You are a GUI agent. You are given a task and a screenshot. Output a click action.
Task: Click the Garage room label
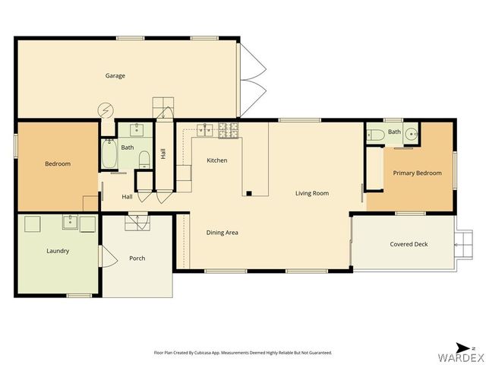115,75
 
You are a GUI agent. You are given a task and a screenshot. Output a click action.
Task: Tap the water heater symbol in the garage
103,109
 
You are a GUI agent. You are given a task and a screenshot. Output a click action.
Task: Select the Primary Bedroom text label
417,173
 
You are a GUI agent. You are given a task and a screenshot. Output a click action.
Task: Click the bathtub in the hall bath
109,157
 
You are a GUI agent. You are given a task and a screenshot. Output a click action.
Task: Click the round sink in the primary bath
411,135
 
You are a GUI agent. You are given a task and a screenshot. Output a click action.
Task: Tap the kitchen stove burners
229,131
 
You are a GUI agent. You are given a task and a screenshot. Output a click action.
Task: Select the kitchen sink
203,130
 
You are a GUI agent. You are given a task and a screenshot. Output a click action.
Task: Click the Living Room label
311,193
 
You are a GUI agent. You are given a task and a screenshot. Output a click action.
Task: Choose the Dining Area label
222,232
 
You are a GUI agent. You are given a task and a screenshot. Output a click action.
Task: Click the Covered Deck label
409,244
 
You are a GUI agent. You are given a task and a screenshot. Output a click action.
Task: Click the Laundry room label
58,250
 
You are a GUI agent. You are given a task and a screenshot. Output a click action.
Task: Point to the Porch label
137,258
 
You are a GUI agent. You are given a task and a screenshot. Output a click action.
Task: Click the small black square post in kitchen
248,194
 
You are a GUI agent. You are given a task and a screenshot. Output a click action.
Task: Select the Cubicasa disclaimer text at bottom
243,353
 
